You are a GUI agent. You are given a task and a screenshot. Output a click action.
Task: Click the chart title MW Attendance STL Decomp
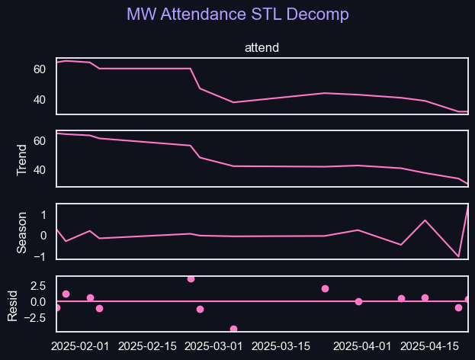[x=238, y=14]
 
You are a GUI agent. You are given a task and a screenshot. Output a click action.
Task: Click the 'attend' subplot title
[x=262, y=48]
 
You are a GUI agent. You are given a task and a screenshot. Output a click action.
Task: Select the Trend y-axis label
[x=21, y=159]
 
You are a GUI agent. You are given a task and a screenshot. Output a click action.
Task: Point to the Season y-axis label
[x=21, y=232]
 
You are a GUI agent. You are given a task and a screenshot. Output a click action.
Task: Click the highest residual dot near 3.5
[x=191, y=279]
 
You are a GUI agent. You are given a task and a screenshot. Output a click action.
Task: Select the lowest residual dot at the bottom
[x=233, y=329]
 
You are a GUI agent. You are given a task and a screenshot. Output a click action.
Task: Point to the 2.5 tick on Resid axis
[x=39, y=285]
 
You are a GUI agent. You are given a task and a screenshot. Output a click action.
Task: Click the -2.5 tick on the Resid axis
[x=37, y=318]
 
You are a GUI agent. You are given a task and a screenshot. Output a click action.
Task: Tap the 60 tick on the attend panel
[x=40, y=69]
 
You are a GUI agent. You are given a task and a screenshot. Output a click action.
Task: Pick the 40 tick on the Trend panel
[x=40, y=170]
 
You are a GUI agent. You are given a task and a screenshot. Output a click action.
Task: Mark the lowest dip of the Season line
[x=458, y=256]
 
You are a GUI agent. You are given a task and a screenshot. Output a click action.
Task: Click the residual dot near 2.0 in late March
[x=325, y=288]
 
